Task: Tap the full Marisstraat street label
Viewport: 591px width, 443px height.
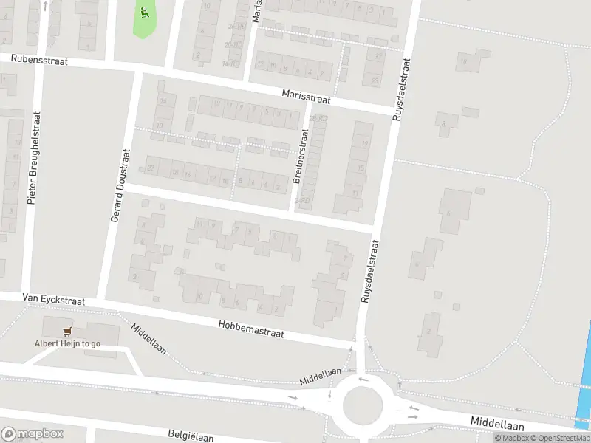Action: [306, 96]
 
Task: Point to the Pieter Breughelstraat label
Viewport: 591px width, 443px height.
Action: [33, 158]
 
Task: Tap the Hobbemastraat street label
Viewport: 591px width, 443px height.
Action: [251, 329]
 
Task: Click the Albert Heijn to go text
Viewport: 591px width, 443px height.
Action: [67, 343]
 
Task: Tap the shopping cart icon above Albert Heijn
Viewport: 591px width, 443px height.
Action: [67, 332]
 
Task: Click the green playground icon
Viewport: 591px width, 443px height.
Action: [143, 12]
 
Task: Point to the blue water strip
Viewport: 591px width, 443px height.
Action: [585, 384]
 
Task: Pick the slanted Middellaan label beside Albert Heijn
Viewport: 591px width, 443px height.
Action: [148, 339]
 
